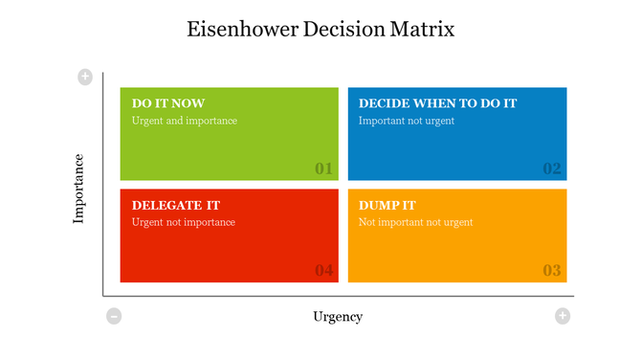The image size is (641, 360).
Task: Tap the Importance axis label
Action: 79,189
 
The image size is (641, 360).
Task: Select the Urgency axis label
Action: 338,316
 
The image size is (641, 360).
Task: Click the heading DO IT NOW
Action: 168,103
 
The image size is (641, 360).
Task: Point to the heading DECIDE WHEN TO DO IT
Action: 437,103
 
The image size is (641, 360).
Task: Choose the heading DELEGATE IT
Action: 176,205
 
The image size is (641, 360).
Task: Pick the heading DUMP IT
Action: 387,205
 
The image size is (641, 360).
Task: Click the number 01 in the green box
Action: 324,169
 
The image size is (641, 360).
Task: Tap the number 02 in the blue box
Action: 552,169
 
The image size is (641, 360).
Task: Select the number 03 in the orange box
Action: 552,270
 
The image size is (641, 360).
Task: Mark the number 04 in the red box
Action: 324,270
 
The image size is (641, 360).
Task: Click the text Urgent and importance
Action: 185,121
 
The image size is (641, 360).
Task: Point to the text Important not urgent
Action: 407,121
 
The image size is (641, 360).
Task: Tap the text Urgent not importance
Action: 184,222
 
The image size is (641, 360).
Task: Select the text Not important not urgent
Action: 416,222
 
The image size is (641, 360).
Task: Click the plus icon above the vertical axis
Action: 85,77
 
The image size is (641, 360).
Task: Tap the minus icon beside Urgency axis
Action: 114,316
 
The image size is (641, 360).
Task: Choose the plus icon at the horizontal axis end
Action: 563,316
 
